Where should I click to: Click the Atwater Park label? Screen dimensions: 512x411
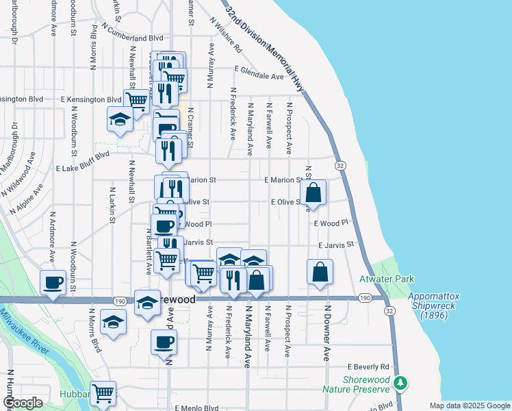tap(377, 279)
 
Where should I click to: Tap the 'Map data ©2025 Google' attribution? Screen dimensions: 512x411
tap(470, 406)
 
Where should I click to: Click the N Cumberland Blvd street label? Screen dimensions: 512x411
tap(132, 33)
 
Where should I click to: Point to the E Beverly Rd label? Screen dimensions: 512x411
tap(368, 367)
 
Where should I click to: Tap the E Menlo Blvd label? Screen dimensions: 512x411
tap(197, 408)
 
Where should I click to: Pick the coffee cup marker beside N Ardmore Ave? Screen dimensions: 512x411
tap(53, 283)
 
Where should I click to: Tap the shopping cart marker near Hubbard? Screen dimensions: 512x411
tap(103, 394)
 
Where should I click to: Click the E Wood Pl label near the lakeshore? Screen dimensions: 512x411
tap(331, 223)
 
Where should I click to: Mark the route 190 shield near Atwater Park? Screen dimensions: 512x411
tap(364, 298)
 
